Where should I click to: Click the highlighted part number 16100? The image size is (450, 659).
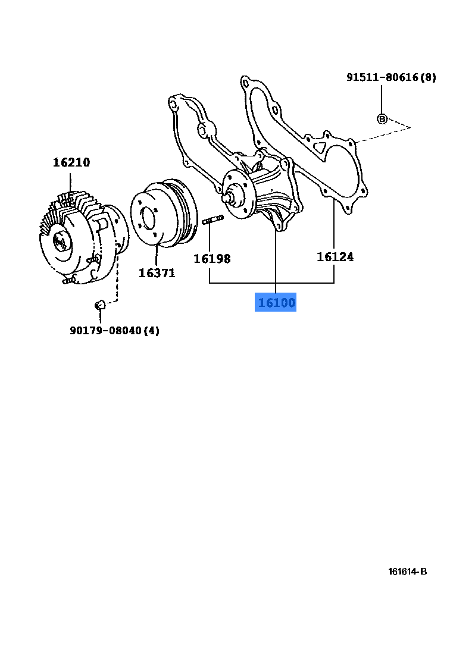[x=276, y=303]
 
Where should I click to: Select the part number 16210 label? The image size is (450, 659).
[x=71, y=162]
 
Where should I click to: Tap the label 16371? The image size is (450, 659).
[x=157, y=273]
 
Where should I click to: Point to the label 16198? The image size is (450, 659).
[x=211, y=259]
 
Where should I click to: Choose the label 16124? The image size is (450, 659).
[x=335, y=257]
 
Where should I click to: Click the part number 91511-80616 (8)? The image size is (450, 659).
[x=391, y=77]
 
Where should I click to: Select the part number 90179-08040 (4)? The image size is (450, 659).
[x=114, y=330]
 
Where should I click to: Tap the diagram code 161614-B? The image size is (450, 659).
[x=408, y=572]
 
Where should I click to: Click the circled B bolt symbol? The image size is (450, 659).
[x=382, y=119]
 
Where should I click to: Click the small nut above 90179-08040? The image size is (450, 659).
[x=100, y=305]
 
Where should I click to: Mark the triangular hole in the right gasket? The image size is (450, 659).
[x=321, y=145]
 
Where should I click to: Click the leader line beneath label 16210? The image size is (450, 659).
[x=71, y=181]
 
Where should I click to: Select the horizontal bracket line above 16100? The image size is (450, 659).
[x=271, y=283]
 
